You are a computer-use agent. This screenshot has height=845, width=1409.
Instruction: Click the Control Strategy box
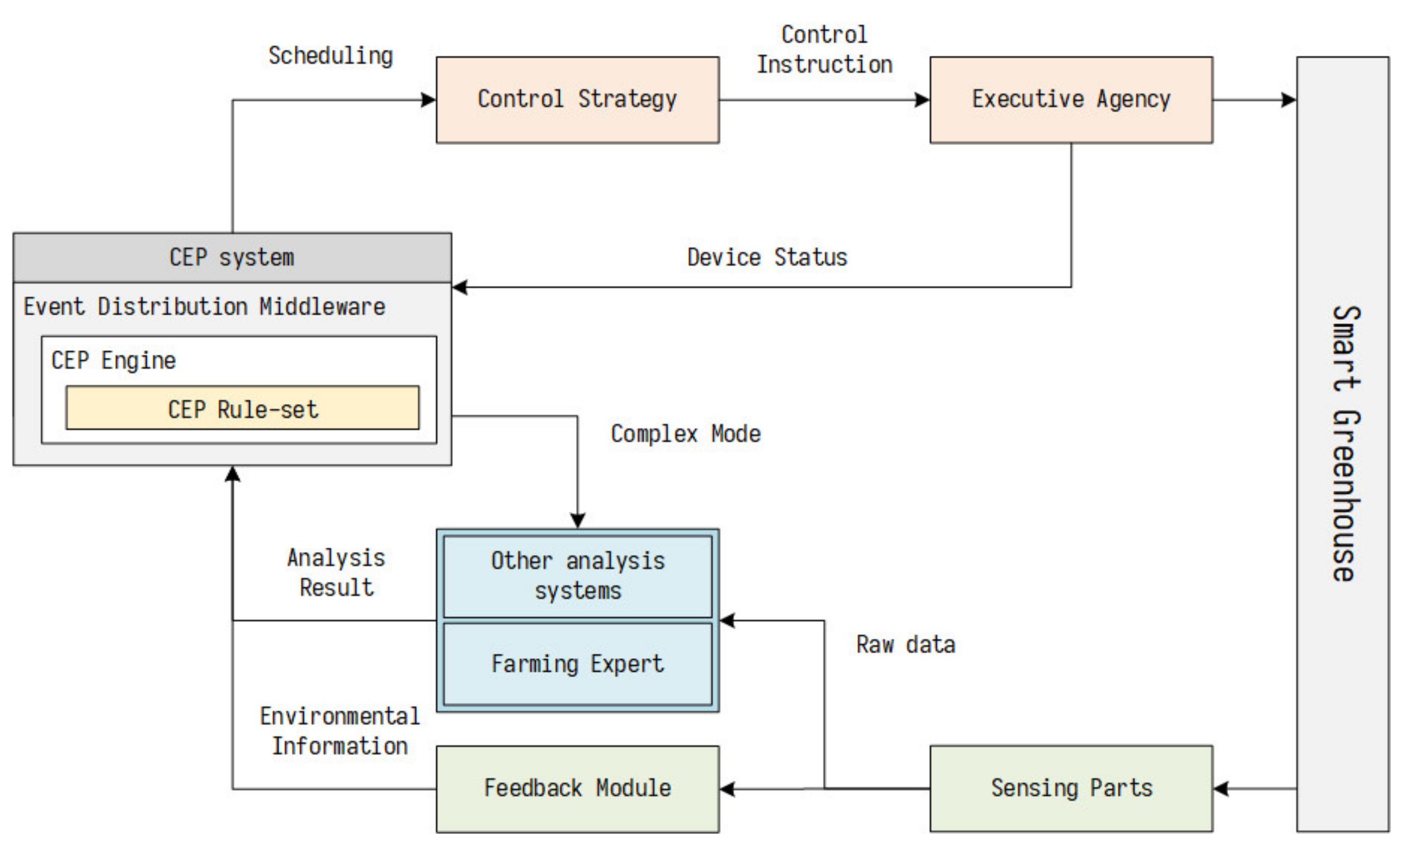pos(577,100)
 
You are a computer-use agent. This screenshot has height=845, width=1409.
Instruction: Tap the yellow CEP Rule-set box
pos(243,408)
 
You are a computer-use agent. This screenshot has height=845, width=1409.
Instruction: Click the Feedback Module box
pos(577,789)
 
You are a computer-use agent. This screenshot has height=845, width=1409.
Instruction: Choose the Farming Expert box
pos(577,664)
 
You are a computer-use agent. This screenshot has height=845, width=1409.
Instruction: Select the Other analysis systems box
pos(577,576)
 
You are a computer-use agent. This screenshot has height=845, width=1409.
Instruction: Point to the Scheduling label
pos(331,56)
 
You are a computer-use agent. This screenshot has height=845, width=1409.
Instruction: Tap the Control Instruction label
pos(824,50)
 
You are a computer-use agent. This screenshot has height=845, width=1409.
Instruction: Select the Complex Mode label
pos(685,434)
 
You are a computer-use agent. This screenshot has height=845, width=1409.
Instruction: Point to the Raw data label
pos(905,645)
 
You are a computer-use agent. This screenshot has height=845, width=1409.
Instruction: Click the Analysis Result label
pos(336,572)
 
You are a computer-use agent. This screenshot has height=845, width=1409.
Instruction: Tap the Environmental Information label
pos(339,731)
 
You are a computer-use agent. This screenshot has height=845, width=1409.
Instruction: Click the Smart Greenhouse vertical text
pos(1346,444)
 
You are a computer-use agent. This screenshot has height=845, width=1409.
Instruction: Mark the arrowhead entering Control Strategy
pos(429,100)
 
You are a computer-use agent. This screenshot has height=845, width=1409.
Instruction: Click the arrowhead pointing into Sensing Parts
pos(1221,789)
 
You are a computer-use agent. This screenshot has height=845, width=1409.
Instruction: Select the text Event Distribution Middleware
pos(204,307)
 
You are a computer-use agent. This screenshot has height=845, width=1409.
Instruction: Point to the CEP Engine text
pos(113,361)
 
